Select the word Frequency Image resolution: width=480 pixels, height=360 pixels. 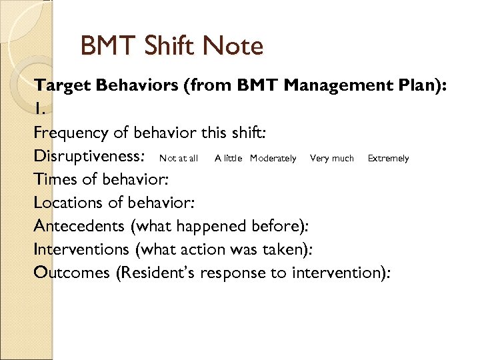[x=70, y=133]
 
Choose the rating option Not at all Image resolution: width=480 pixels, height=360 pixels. [x=178, y=159]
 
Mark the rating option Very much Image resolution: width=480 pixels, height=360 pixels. [x=332, y=159]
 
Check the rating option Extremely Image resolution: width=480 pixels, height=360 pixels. [x=388, y=159]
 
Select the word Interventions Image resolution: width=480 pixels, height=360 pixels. [x=81, y=249]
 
